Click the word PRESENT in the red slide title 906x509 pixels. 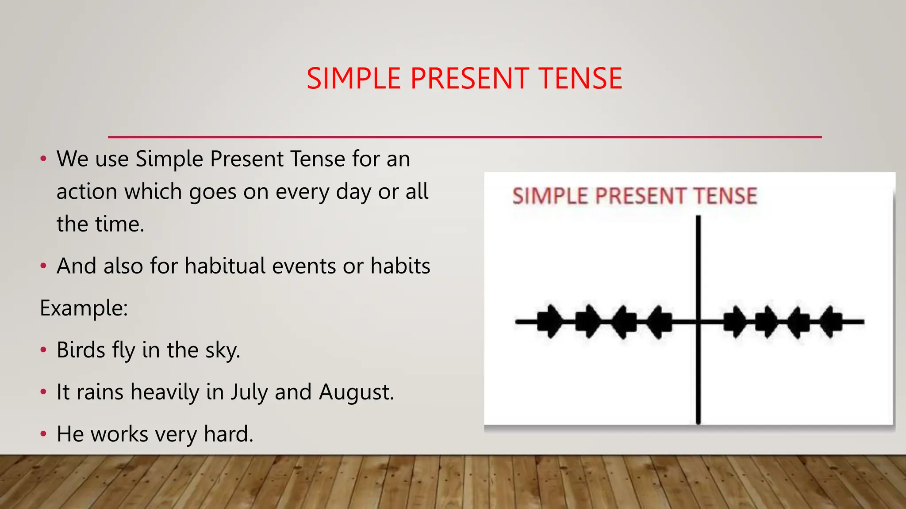469,79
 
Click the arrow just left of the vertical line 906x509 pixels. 660,322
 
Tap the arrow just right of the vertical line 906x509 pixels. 735,322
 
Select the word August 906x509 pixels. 356,392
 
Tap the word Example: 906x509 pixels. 84,308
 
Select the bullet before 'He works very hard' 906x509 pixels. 43,434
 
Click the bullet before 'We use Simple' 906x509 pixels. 43,159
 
